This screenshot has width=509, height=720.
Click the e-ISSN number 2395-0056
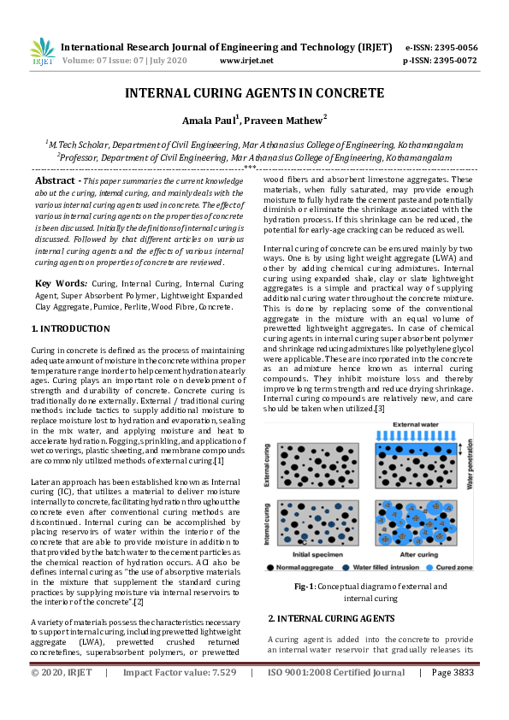pyautogui.click(x=453, y=48)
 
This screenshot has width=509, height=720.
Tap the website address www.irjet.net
pyautogui.click(x=246, y=61)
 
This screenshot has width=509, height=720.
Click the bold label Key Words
pyautogui.click(x=60, y=282)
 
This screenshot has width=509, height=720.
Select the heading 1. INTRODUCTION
pyautogui.click(x=70, y=328)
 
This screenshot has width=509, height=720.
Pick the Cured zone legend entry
pyautogui.click(x=454, y=568)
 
